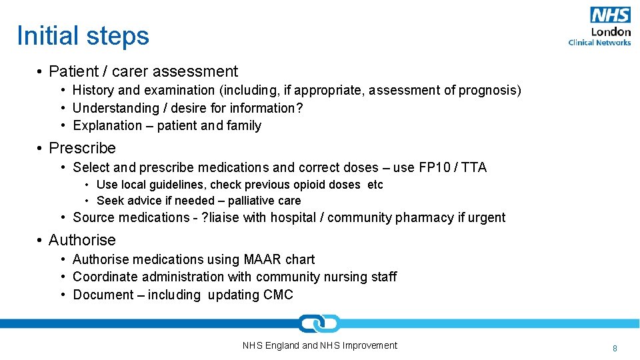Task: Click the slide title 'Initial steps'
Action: tap(83, 36)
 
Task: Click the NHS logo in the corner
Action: tap(610, 15)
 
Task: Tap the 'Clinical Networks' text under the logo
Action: tap(599, 43)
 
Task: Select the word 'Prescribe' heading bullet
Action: tap(82, 148)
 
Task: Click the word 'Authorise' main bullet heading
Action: tap(82, 240)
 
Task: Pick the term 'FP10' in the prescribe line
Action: tap(435, 167)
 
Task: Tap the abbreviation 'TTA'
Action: tap(473, 167)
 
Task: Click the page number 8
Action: tap(615, 348)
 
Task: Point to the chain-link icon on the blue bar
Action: tap(319, 323)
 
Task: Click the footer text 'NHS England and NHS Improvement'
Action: tap(319, 345)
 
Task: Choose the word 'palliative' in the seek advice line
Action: tap(253, 201)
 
